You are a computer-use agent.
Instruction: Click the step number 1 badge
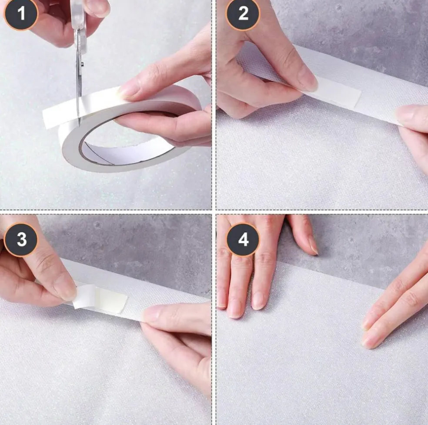tap(21, 13)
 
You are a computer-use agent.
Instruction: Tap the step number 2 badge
tap(243, 13)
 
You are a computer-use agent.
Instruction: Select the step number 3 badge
tap(21, 240)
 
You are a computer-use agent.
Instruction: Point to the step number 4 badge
tap(243, 240)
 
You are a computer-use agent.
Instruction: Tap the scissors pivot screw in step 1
tap(82, 64)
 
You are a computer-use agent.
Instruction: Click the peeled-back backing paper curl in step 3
tap(85, 297)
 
